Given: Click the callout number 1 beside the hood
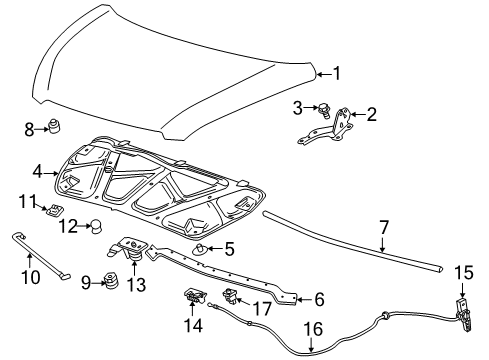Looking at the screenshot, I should pyautogui.click(x=336, y=72).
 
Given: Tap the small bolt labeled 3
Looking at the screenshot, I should pyautogui.click(x=325, y=108).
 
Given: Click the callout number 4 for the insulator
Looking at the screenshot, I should pyautogui.click(x=36, y=172).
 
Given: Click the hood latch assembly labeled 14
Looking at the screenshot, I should pyautogui.click(x=191, y=297).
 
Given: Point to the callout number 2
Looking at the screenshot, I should pyautogui.click(x=371, y=115).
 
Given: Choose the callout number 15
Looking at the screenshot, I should pyautogui.click(x=464, y=272).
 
